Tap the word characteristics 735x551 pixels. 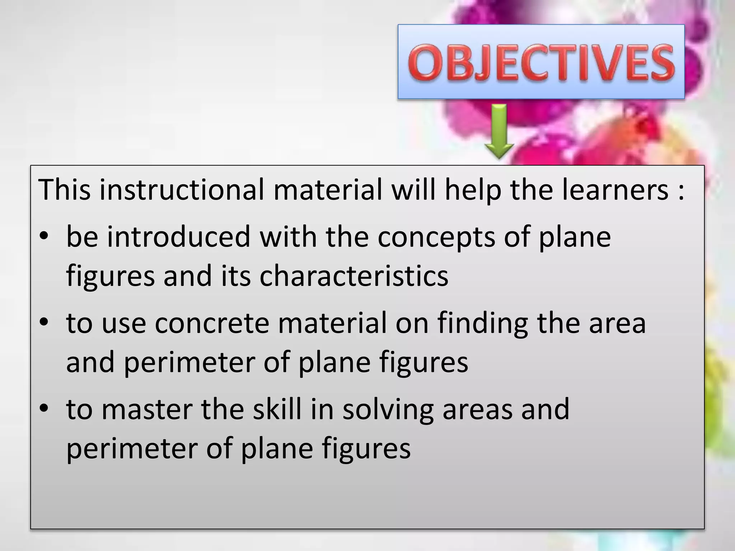point(354,276)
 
